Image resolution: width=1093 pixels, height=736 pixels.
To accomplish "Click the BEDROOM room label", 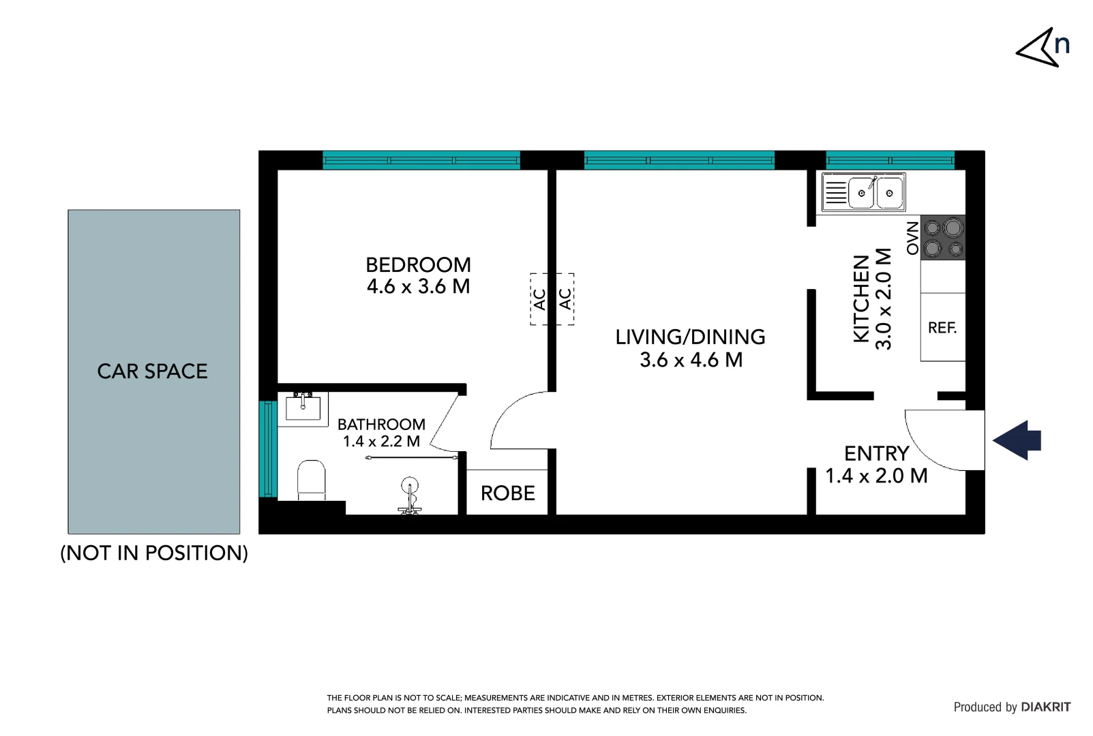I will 418,265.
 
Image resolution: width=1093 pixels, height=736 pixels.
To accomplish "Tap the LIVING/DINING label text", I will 690,337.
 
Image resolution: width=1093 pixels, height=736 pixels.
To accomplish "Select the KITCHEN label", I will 862,298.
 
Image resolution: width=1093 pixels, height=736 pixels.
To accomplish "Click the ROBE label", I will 507,493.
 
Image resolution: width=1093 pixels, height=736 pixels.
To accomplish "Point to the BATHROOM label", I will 381,425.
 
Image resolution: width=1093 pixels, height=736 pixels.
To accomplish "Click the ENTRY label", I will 876,454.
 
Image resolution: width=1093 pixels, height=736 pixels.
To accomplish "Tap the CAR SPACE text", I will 153,371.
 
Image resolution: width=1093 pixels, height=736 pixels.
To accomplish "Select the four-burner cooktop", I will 943,238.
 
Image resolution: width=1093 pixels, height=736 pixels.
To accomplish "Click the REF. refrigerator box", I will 942,328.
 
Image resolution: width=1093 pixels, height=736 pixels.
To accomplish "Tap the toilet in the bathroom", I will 312,478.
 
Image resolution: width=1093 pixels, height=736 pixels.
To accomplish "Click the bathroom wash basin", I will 303,408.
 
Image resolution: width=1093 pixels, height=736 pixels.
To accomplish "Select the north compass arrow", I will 1038,48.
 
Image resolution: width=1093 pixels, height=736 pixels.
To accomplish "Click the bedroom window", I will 421,161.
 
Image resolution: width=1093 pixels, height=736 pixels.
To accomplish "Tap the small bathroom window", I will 267,449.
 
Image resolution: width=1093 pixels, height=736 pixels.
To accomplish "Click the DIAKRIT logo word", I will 1046,707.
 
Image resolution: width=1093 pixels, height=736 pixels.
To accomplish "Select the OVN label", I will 912,239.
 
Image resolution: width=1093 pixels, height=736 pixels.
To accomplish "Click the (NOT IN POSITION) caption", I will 154,553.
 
